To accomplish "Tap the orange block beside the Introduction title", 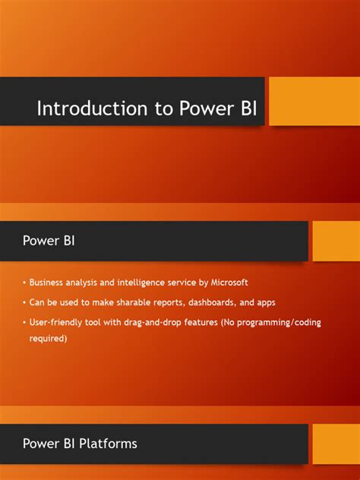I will (314, 101).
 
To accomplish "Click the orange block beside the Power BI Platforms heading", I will (335, 443).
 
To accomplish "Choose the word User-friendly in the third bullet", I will (55, 322).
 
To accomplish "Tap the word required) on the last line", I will (49, 339).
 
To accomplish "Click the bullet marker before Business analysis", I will (24, 283).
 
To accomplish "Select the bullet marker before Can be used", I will (24, 302).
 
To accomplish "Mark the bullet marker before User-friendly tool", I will (24, 322).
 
